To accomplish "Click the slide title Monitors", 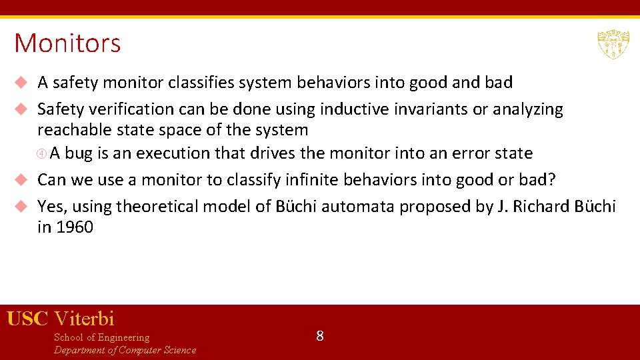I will pyautogui.click(x=67, y=43).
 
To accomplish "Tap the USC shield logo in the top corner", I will pyautogui.click(x=613, y=44).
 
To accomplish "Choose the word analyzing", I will pyautogui.click(x=526, y=109).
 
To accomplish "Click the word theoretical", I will pyautogui.click(x=157, y=207).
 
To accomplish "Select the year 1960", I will pyautogui.click(x=74, y=227).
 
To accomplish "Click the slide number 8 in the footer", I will pyautogui.click(x=320, y=336).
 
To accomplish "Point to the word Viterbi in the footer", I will pyautogui.click(x=84, y=319).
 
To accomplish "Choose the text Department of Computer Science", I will pyautogui.click(x=125, y=350).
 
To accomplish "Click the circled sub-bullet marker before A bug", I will pyautogui.click(x=42, y=154).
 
